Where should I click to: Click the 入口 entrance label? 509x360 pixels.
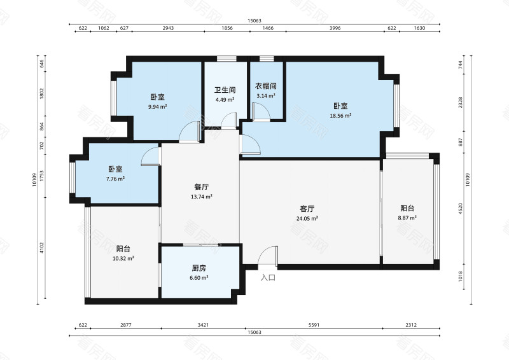click(x=268, y=277)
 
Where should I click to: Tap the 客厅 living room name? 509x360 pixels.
click(x=307, y=209)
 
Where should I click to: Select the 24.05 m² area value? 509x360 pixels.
click(x=307, y=218)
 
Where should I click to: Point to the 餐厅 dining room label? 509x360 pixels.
click(x=202, y=187)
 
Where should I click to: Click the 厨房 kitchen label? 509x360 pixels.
click(x=199, y=268)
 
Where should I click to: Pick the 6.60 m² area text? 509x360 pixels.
click(x=199, y=278)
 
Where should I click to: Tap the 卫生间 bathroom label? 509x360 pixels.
click(x=225, y=90)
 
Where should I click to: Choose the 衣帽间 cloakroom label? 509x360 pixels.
click(x=265, y=86)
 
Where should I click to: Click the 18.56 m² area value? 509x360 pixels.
click(x=340, y=116)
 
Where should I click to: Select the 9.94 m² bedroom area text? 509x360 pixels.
click(x=157, y=106)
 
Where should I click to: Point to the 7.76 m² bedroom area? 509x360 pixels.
click(x=115, y=179)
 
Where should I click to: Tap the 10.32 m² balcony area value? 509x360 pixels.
click(x=123, y=258)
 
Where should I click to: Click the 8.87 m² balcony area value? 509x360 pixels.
click(x=407, y=218)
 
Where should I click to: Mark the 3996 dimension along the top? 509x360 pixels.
click(x=335, y=28)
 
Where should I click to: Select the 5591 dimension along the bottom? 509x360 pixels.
click(x=314, y=324)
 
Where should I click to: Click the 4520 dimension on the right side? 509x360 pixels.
click(x=460, y=209)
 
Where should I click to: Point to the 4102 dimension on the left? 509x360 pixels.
click(x=41, y=247)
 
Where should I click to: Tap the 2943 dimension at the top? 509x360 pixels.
click(x=168, y=28)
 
